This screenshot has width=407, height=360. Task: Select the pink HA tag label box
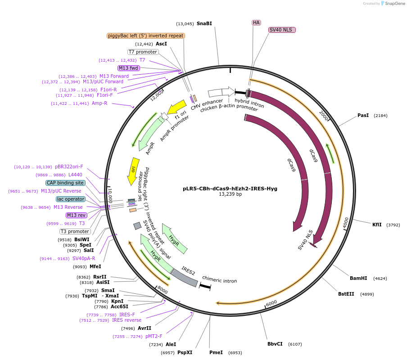tap(256, 22)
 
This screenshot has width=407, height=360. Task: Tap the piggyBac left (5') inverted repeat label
tap(146, 36)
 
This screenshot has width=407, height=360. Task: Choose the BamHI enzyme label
tap(358, 278)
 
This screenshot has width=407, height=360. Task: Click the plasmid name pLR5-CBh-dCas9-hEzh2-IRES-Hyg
tap(230, 189)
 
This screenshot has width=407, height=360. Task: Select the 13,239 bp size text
tap(230, 194)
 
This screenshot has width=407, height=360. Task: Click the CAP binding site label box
tap(65, 183)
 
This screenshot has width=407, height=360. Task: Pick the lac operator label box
tap(71, 199)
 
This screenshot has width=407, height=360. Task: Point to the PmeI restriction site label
tap(216, 352)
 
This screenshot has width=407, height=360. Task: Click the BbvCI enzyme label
tap(275, 344)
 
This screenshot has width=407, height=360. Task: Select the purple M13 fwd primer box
tap(128, 68)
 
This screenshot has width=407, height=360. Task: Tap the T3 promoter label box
tap(75, 231)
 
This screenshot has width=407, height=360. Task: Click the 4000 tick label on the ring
tap(346, 223)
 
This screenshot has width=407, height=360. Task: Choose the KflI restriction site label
tap(377, 225)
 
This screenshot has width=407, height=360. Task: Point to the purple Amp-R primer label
tap(100, 103)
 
